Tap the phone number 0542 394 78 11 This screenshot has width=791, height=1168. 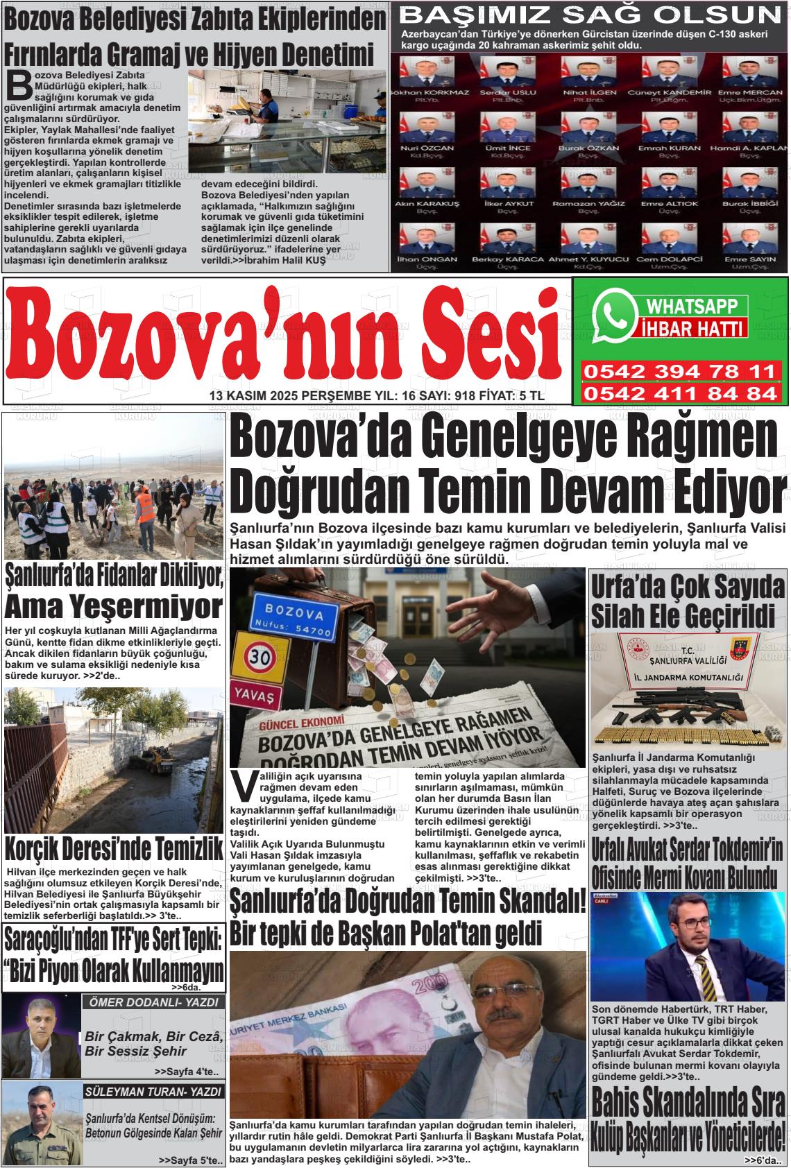click(x=680, y=372)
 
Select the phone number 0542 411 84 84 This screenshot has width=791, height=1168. click(x=680, y=394)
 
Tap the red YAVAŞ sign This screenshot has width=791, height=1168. click(x=256, y=694)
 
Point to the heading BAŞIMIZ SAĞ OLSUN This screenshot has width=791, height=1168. click(x=591, y=15)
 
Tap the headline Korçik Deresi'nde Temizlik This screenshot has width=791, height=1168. click(x=113, y=849)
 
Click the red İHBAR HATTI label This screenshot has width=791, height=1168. click(x=691, y=328)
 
